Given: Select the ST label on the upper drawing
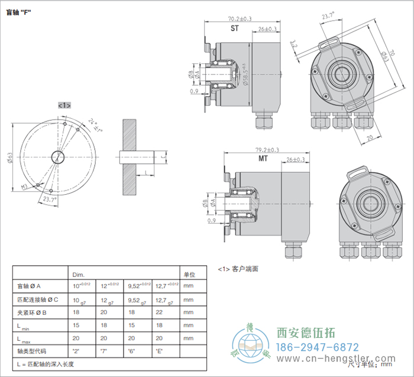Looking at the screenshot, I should pos(234,28).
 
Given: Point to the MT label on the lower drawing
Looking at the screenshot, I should pos(263,159).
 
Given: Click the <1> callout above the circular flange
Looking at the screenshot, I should pos(64,105).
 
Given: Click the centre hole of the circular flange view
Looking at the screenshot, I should pos(58,157).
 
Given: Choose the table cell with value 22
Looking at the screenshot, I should pos(159,312).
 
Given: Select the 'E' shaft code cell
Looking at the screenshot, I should pos(159,351).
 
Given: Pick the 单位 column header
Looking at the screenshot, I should pos(189,274).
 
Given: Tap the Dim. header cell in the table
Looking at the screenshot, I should pos(78,275).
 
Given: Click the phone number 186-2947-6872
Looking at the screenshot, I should pos(318,347).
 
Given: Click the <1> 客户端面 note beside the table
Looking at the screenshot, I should pos(238,269).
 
